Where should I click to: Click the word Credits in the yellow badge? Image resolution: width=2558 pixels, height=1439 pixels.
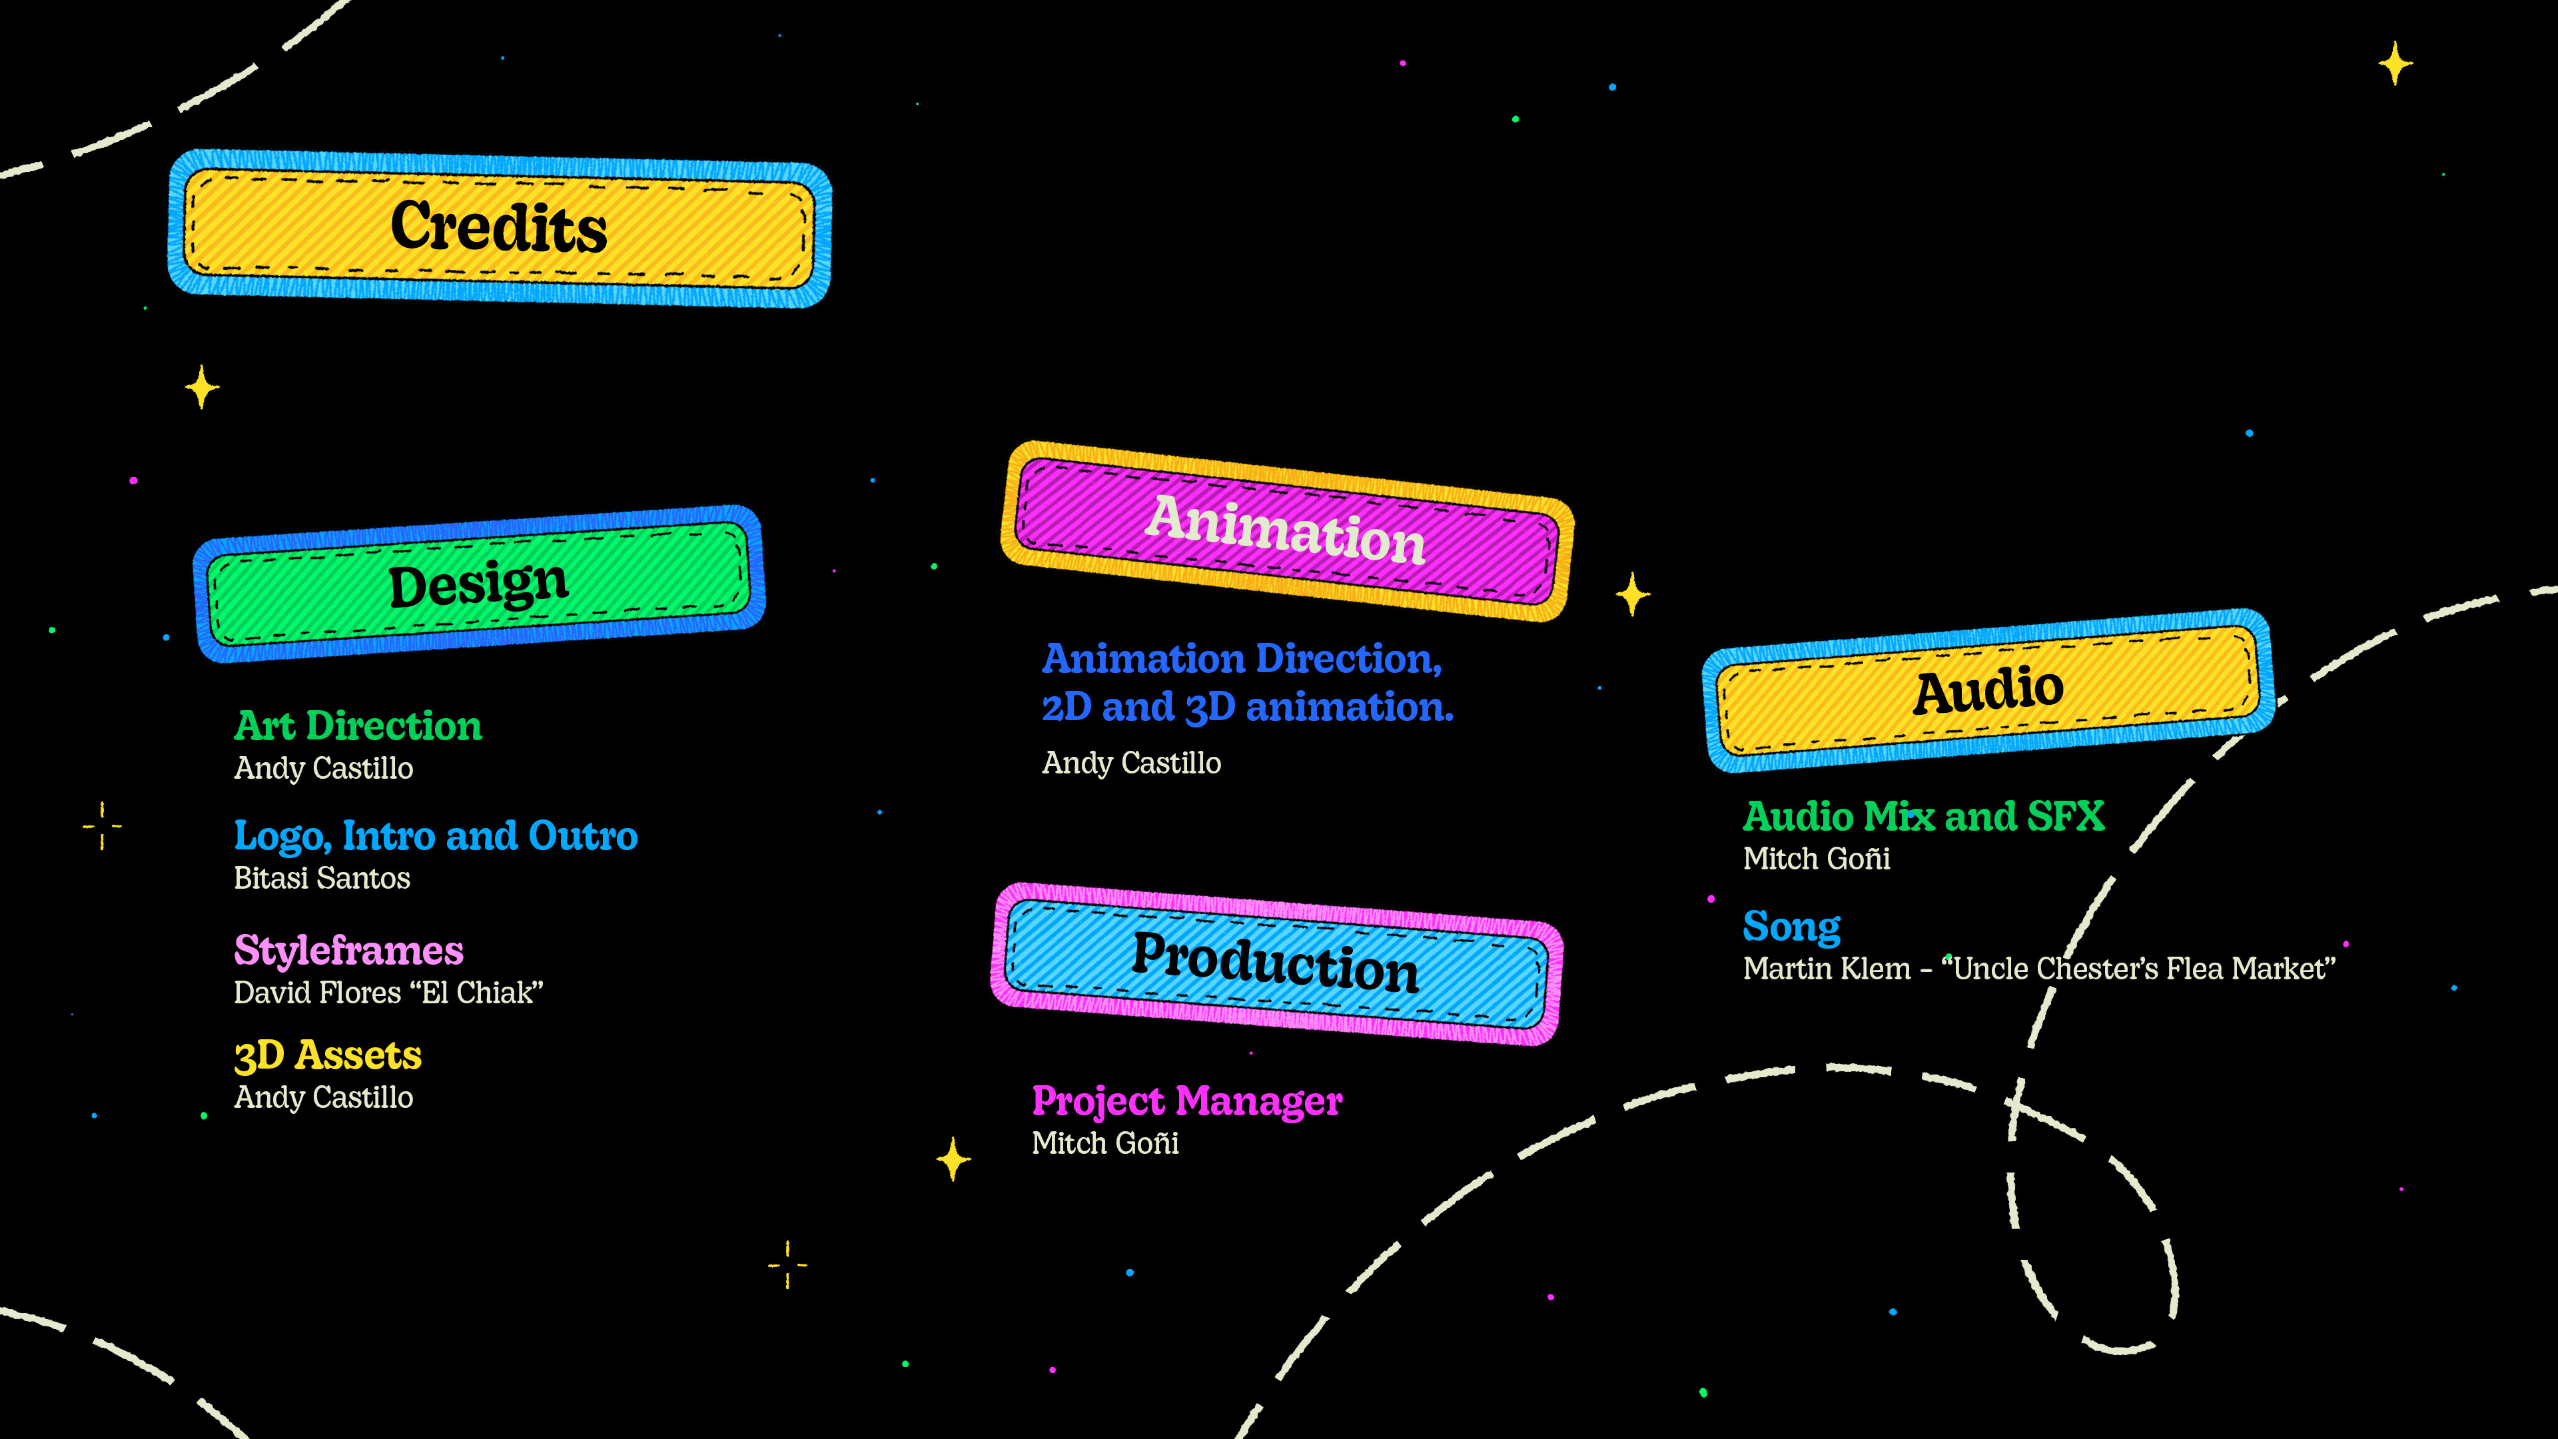point(498,227)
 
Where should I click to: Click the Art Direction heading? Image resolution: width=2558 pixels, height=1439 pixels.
point(358,726)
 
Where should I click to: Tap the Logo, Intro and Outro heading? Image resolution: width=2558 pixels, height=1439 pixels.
point(435,836)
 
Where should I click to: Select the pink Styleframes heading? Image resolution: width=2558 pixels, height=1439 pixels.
point(348,951)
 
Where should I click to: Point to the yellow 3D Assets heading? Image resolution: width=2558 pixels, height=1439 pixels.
point(328,1055)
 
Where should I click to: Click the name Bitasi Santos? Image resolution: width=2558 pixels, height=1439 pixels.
point(322,878)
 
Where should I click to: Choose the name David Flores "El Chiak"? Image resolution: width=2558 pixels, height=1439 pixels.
point(388,992)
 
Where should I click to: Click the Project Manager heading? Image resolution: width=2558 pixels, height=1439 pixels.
point(1186,1101)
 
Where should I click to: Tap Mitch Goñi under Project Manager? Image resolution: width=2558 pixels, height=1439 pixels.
point(1105,1143)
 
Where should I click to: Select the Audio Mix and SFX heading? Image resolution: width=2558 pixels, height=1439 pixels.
point(1923,816)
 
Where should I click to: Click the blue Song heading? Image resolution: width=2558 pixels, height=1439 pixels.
point(1791,927)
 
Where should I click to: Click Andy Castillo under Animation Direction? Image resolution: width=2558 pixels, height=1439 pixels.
point(1131,763)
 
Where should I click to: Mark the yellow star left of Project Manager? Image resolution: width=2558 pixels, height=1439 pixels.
point(953,1158)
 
